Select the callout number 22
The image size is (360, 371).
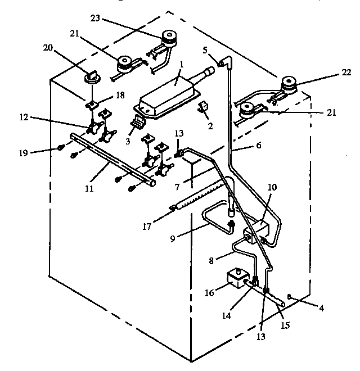pos(346,73)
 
